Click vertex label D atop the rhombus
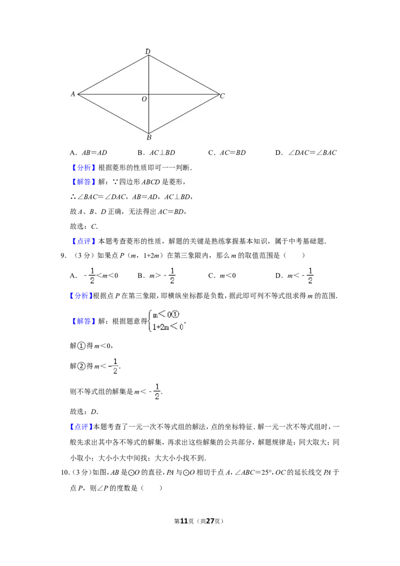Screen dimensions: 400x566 (x=147, y=51)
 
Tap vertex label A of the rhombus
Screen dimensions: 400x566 (x=73, y=94)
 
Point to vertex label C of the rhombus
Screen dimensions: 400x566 (x=222, y=95)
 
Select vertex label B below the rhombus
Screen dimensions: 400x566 (x=148, y=137)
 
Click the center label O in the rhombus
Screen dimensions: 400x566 (x=144, y=99)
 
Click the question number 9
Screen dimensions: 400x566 (x=63, y=256)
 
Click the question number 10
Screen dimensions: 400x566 (x=64, y=472)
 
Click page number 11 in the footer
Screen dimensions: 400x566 (x=184, y=521)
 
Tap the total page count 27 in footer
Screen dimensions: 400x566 (x=210, y=521)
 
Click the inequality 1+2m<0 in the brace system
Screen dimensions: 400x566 (x=168, y=327)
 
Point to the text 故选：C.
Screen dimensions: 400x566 (x=84, y=226)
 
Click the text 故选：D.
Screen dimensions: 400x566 (x=84, y=412)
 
